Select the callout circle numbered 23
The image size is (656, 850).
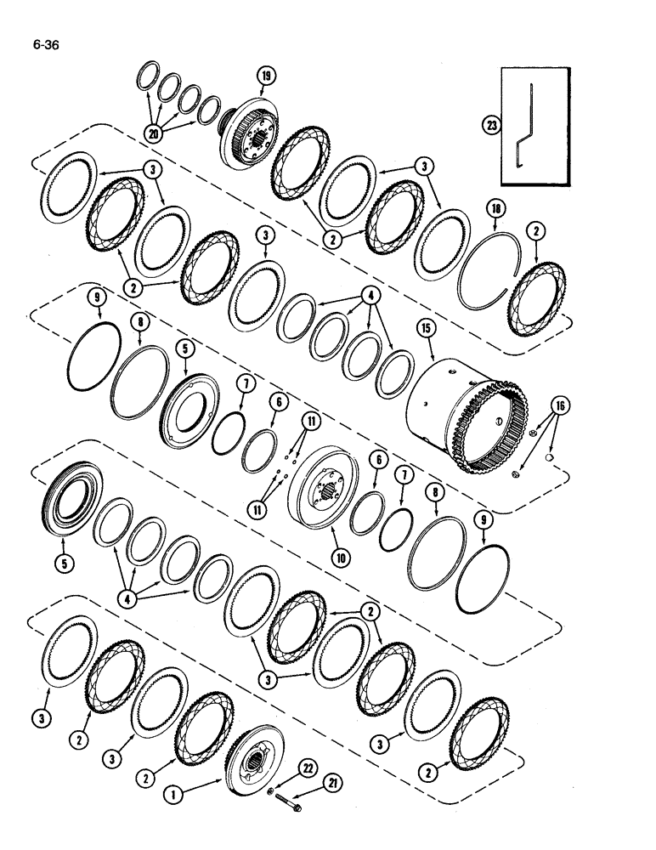point(491,124)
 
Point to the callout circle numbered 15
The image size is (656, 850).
point(426,328)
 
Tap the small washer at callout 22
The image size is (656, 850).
point(269,793)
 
